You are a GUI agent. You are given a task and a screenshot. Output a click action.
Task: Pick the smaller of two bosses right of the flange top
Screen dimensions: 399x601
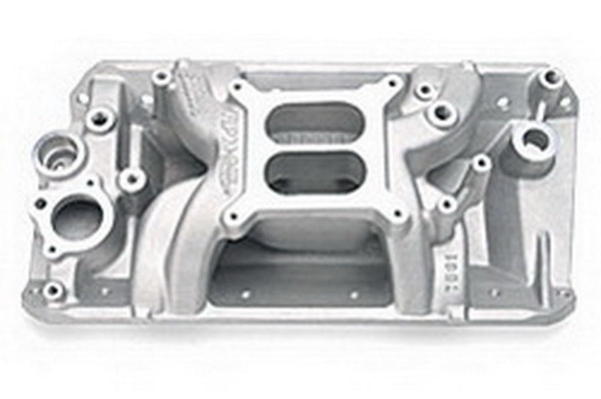(426, 90)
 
